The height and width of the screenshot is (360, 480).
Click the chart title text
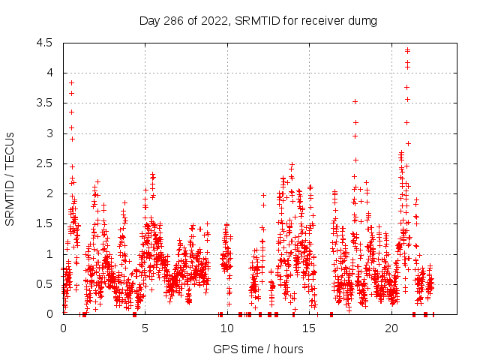(x=258, y=20)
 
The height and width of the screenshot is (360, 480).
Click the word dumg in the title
(x=362, y=20)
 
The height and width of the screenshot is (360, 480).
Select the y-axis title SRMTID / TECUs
(x=10, y=178)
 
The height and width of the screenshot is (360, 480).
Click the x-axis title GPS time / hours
(x=258, y=349)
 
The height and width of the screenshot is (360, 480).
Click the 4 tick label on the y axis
(x=49, y=73)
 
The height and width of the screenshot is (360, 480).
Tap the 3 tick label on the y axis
(x=49, y=133)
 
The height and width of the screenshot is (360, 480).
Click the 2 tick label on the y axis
(x=49, y=193)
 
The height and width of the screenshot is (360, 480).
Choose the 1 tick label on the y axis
(x=49, y=254)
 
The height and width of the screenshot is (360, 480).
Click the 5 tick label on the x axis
(x=145, y=328)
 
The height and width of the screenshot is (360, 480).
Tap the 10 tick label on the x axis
(x=227, y=328)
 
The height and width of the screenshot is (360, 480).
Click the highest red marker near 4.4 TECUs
(x=407, y=50)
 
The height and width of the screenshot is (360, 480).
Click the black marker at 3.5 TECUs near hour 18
(x=355, y=101)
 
